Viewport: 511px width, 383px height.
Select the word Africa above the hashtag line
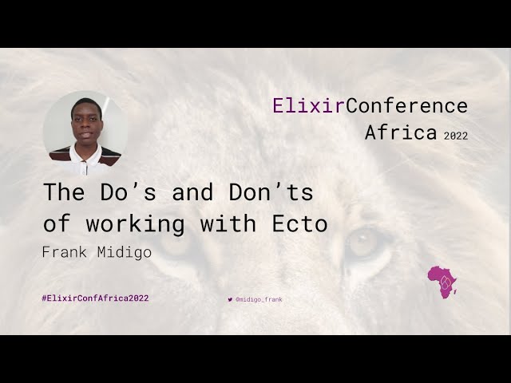(x=401, y=132)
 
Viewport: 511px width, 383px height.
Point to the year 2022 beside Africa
(x=456, y=136)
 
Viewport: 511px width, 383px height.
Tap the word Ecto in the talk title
(x=306, y=224)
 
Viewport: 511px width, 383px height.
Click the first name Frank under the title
(x=66, y=252)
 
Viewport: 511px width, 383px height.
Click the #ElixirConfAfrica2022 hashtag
(x=95, y=298)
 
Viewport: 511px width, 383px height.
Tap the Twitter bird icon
(x=230, y=299)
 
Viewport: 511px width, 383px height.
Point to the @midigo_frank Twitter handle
(x=259, y=299)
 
